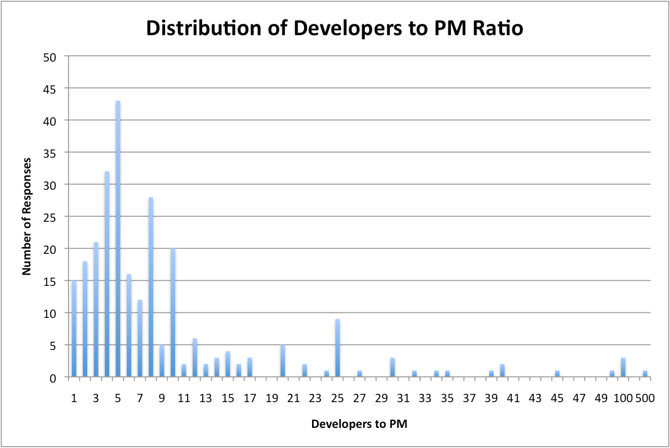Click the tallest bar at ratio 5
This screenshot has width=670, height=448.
[x=117, y=239]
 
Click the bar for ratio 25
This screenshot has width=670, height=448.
[x=338, y=349]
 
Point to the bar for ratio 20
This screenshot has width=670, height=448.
[x=283, y=361]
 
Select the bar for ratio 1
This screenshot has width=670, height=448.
[x=74, y=329]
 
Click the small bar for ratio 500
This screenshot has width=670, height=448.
[x=645, y=374]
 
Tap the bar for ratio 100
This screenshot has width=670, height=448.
[x=623, y=368]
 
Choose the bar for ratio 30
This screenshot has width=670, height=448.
[x=392, y=368]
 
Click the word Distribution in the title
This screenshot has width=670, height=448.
[x=198, y=29]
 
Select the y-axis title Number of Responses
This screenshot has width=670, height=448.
[x=26, y=216]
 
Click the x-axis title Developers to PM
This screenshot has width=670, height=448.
[x=359, y=424]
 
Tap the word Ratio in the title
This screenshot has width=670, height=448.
[x=499, y=29]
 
